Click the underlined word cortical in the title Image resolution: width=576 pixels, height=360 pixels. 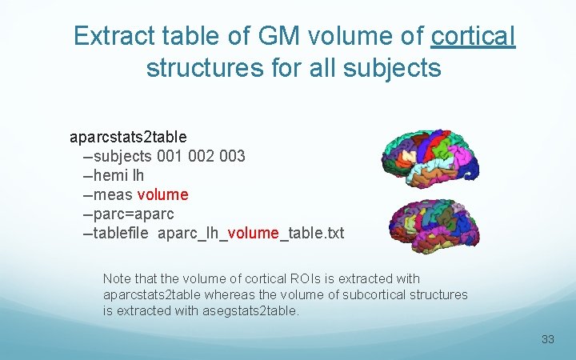click(x=473, y=36)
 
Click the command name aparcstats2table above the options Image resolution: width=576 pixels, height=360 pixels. click(x=128, y=137)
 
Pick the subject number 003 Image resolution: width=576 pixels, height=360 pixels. click(x=231, y=156)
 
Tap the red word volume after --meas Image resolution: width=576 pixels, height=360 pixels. click(x=162, y=194)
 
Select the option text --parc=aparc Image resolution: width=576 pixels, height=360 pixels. click(x=128, y=214)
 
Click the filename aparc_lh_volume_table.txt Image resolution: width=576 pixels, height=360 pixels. click(x=250, y=234)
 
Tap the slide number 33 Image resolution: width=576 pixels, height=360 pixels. click(x=547, y=339)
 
